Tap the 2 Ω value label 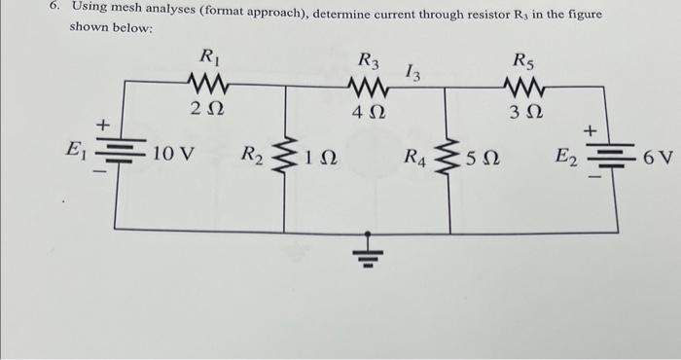(207, 109)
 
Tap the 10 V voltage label (174, 154)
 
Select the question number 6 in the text (55, 8)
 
